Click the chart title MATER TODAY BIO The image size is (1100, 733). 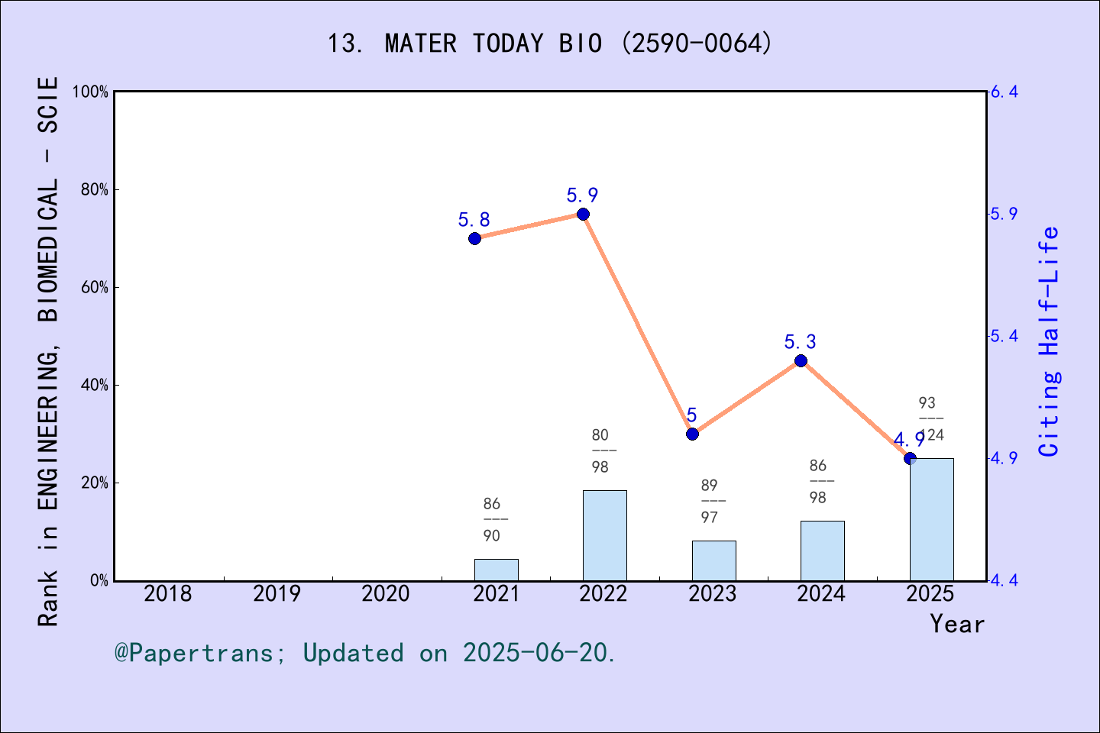549,44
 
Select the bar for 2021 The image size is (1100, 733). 496,570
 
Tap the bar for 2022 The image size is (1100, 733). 604,535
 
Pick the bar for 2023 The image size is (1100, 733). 713,560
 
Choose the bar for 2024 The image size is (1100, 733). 822,551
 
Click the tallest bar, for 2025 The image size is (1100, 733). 931,519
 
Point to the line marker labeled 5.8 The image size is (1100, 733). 474,238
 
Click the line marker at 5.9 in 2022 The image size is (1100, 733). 583,214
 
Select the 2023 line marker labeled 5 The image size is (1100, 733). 692,434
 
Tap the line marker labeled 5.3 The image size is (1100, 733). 801,360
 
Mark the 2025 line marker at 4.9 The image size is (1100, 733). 910,458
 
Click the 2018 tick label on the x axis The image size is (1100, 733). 168,593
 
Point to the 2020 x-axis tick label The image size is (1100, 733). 386,593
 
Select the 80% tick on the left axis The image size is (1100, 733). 94,190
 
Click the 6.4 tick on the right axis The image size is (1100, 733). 1004,92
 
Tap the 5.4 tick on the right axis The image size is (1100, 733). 1004,337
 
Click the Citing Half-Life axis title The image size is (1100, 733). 1050,341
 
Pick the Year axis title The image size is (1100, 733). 956,625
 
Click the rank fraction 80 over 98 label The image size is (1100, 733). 600,450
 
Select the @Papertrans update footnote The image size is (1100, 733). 365,653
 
